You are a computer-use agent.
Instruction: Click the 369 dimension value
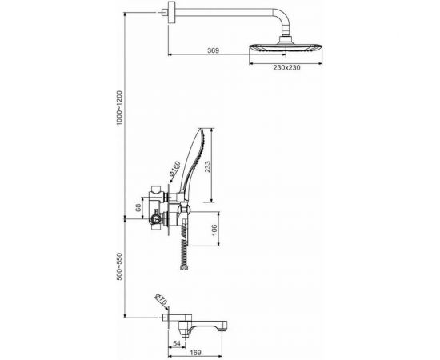[213, 50]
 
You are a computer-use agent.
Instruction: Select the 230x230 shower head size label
[286, 68]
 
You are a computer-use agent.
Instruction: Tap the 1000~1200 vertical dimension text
[120, 108]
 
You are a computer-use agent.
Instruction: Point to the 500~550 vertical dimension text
[120, 266]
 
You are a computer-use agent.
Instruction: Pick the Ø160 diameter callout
[175, 169]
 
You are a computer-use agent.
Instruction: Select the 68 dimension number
[138, 208]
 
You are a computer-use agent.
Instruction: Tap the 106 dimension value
[214, 230]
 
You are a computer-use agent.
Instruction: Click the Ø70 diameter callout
[161, 299]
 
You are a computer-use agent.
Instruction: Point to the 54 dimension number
[177, 343]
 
